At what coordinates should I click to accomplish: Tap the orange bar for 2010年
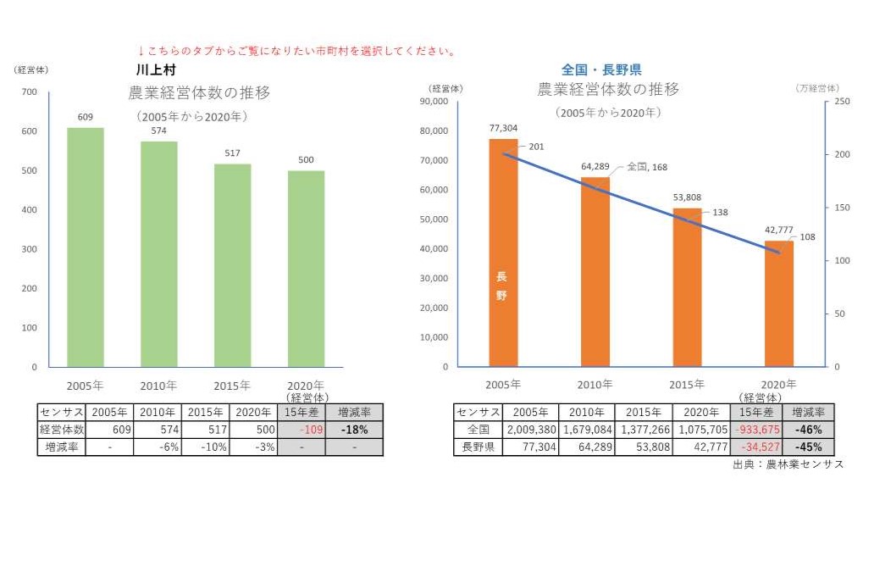click(x=595, y=272)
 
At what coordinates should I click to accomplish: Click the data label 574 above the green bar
click(x=158, y=131)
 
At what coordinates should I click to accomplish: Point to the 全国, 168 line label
click(x=647, y=167)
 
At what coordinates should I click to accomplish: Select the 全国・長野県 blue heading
click(x=601, y=69)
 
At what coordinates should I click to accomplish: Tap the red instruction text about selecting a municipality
click(x=296, y=51)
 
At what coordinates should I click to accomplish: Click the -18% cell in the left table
click(x=354, y=430)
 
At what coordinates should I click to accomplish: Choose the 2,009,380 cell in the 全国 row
click(x=530, y=430)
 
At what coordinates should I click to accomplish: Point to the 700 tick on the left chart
click(x=30, y=92)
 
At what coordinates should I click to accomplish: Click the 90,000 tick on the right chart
click(x=434, y=102)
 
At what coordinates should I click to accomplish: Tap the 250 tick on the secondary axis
click(x=841, y=102)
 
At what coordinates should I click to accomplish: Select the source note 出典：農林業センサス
click(x=788, y=464)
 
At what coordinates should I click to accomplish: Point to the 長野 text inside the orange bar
click(x=501, y=286)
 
